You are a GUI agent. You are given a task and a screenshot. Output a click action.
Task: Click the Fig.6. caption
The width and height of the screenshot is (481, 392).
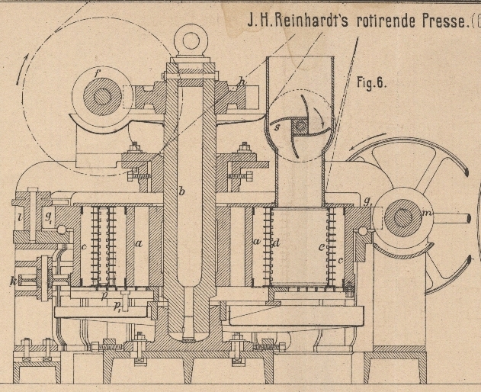(x=371, y=82)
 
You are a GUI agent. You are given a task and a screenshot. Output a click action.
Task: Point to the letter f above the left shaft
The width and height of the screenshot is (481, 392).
(x=98, y=75)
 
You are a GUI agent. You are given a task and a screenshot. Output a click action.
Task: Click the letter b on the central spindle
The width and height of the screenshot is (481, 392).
(x=181, y=191)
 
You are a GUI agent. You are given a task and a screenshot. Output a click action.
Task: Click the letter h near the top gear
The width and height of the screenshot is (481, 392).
(x=242, y=82)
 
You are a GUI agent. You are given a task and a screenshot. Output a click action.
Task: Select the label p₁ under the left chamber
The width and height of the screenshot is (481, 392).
(x=117, y=307)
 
